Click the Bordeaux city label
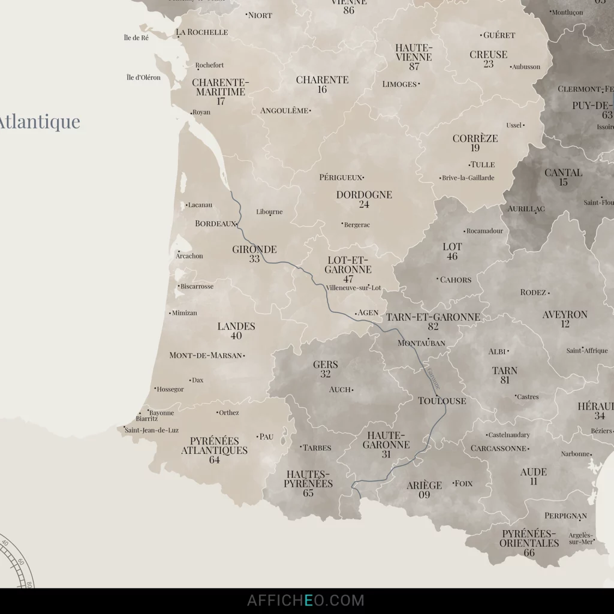[x=215, y=224]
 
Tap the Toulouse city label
[x=442, y=401]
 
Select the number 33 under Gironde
[x=255, y=259]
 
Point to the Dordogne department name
[x=364, y=195]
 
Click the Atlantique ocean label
[x=39, y=122]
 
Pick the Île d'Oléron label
[x=144, y=77]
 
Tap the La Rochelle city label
[x=202, y=32]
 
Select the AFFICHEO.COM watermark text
[x=306, y=600]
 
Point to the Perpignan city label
[x=565, y=516]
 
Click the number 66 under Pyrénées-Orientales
[x=529, y=553]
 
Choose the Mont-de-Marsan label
[x=206, y=355]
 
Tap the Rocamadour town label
[x=484, y=231]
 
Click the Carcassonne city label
[x=498, y=449]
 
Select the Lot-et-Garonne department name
[x=348, y=265]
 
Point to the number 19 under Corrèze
[x=475, y=148]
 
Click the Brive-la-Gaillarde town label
[x=468, y=178]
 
